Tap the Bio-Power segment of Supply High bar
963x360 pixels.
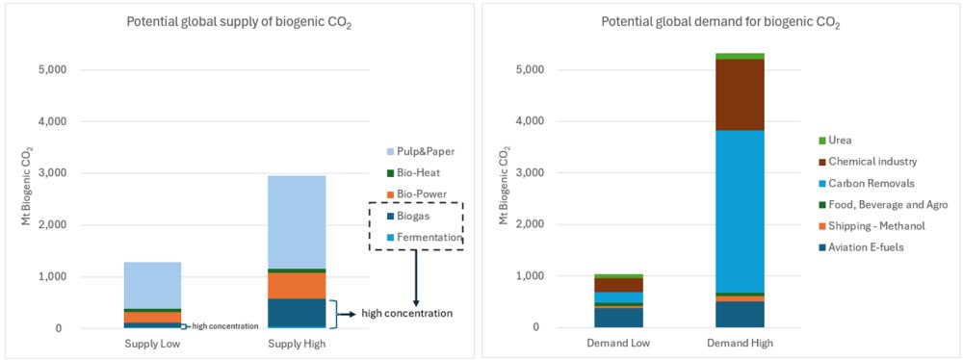[296, 285]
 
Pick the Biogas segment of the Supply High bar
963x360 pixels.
[296, 313]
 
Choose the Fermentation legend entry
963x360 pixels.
[424, 237]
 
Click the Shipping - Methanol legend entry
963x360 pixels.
[870, 226]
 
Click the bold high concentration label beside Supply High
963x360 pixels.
[406, 314]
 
